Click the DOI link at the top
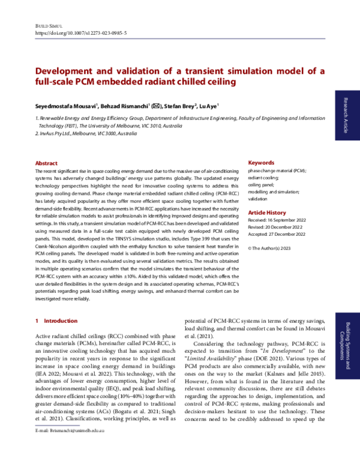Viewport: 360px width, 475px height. [x=82, y=34]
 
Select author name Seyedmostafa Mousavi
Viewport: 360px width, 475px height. [x=61, y=106]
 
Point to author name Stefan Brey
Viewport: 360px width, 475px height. [x=182, y=106]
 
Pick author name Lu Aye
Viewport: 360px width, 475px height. [x=212, y=106]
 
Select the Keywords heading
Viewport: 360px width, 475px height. [x=261, y=163]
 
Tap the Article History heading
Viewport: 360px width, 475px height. [x=267, y=213]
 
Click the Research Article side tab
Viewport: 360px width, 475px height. [x=345, y=113]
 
